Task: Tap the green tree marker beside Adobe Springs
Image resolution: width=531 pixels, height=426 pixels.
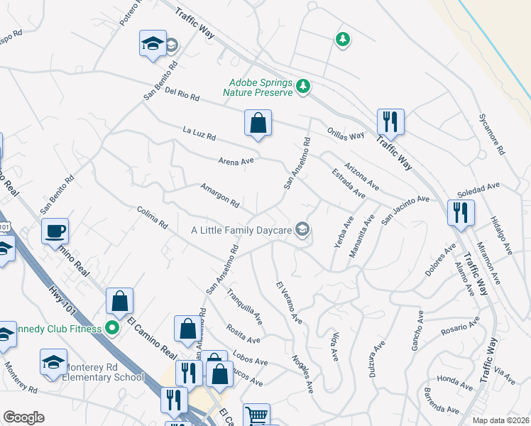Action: (x=304, y=86)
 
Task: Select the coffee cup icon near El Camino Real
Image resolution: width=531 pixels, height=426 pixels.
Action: (x=55, y=231)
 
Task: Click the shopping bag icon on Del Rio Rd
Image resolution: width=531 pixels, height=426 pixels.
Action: (x=258, y=124)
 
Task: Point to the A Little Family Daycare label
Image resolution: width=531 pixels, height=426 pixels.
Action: (x=242, y=230)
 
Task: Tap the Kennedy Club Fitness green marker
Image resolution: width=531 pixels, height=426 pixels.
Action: (x=111, y=327)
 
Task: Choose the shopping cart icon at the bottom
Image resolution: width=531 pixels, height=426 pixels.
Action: (x=256, y=416)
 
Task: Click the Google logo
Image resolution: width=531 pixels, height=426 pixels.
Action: (x=23, y=417)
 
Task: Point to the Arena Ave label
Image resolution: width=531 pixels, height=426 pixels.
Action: (x=236, y=161)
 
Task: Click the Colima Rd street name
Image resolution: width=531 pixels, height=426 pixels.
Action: (x=152, y=217)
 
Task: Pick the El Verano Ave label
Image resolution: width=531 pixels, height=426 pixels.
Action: (x=289, y=303)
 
